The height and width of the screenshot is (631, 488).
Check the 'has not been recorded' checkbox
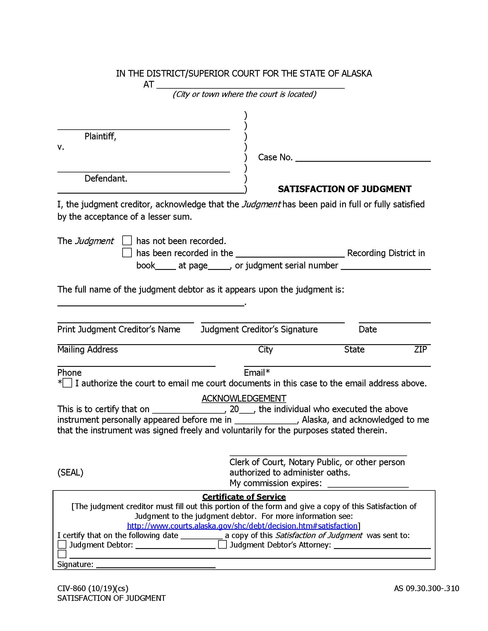tap(127, 240)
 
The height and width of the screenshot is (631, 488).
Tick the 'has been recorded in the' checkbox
tap(127, 252)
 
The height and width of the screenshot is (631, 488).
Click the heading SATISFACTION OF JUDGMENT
tap(344, 189)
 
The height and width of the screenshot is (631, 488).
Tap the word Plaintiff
tap(100, 136)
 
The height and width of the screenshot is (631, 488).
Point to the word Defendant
tap(106, 179)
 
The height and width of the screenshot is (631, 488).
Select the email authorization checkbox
tap(67, 383)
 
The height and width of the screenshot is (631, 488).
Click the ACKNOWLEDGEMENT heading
tap(244, 398)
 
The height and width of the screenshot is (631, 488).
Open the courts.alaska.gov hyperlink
tap(242, 525)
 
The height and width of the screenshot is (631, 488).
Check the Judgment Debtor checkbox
tap(62, 545)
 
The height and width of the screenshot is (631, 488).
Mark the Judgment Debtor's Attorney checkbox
tap(222, 545)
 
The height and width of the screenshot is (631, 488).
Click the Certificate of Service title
tap(244, 497)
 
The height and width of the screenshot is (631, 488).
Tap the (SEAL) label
tap(70, 472)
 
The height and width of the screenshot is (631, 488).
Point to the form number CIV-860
tap(92, 588)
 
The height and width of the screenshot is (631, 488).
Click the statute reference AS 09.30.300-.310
tap(426, 588)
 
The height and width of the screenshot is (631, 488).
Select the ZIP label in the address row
tap(420, 349)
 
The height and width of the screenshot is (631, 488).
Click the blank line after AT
tap(250, 85)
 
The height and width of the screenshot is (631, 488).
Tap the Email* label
tap(257, 372)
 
